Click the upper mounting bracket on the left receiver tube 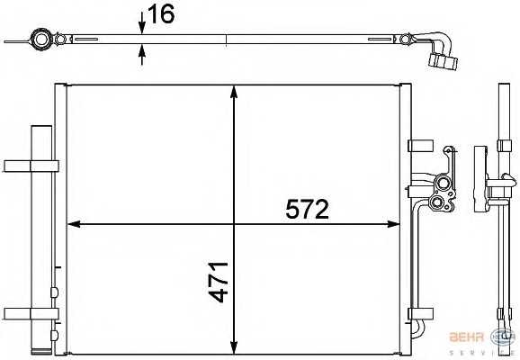pyautogui.click(x=31, y=165)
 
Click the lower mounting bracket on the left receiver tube pyautogui.click(x=31, y=313)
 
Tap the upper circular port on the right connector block pyautogui.click(x=441, y=186)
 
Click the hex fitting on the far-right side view pyautogui.click(x=500, y=187)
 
